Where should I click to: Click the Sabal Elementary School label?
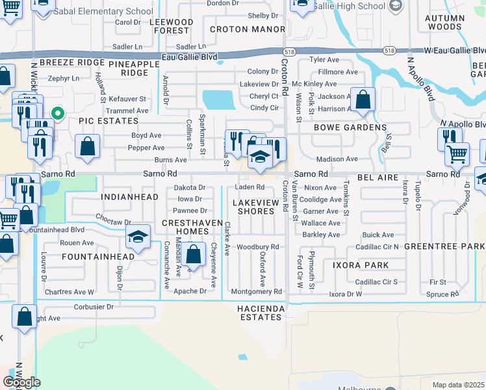pyautogui.click(x=112, y=11)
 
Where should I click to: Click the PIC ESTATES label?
pyautogui.click(x=101, y=121)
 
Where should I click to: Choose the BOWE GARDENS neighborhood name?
pyautogui.click(x=350, y=127)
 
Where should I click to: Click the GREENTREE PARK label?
pyautogui.click(x=444, y=246)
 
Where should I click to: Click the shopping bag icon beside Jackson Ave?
pyautogui.click(x=363, y=101)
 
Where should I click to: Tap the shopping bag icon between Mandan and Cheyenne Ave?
pyautogui.click(x=193, y=254)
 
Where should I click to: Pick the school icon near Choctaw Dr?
pyautogui.click(x=138, y=239)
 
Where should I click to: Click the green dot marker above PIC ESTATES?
pyautogui.click(x=58, y=114)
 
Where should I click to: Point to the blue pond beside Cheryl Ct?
pyautogui.click(x=220, y=99)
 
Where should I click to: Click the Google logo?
pyautogui.click(x=21, y=382)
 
